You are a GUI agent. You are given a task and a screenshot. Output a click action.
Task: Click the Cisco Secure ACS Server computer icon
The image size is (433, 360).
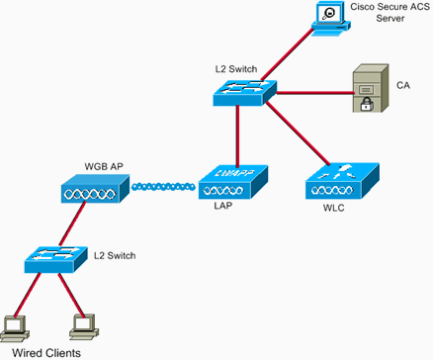327,17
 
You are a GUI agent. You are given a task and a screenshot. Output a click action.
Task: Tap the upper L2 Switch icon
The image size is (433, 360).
240,92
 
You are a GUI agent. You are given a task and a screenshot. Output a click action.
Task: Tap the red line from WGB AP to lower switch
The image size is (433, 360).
68,225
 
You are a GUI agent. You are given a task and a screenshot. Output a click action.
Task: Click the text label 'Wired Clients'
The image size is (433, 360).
40,351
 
